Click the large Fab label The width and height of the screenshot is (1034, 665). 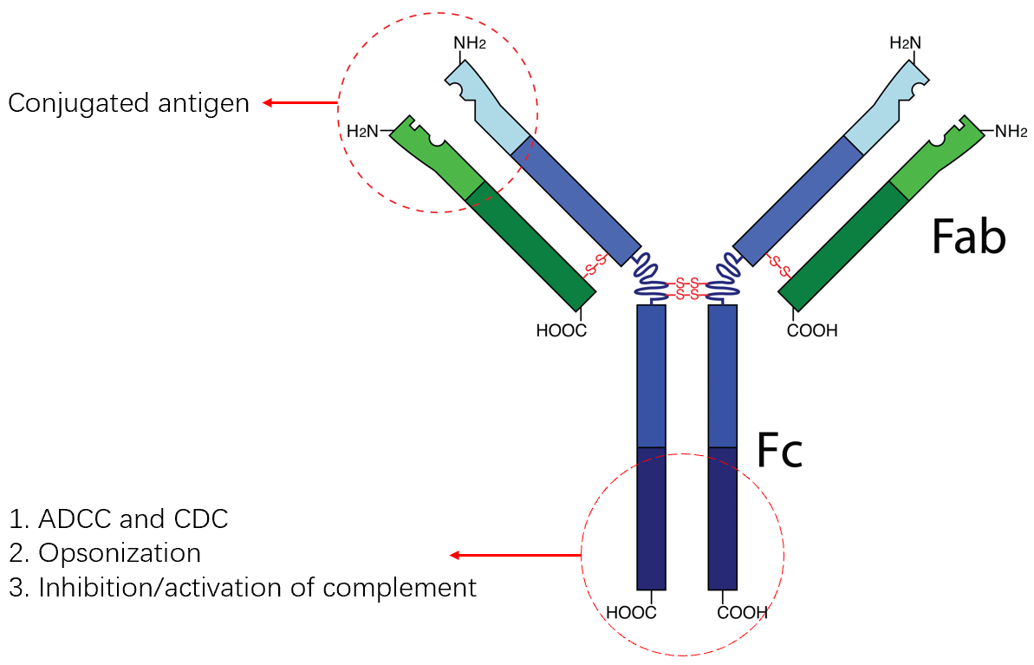tap(968, 237)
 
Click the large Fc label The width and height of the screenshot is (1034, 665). tap(780, 450)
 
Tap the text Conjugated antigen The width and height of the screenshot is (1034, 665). tap(128, 103)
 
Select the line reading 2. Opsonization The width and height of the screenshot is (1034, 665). tap(105, 553)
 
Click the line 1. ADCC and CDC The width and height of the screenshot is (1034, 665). tap(119, 519)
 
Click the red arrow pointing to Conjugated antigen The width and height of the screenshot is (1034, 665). tap(300, 103)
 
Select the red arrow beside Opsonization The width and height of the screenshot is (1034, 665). tap(515, 555)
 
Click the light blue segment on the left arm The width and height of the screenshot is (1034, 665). tap(491, 108)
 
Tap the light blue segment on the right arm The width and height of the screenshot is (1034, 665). tap(885, 108)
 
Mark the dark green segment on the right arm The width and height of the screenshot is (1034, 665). tap(845, 246)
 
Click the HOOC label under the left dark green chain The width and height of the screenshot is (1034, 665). tap(561, 330)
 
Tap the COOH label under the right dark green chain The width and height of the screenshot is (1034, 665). tap(812, 330)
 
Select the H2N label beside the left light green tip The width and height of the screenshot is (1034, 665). tap(363, 132)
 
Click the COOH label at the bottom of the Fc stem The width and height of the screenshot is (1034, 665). tap(743, 613)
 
